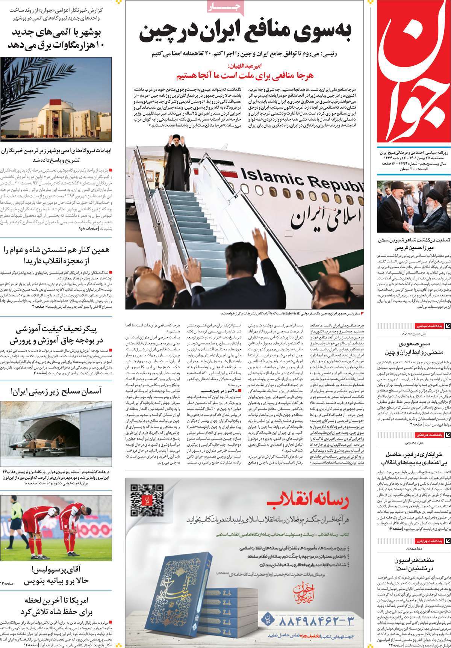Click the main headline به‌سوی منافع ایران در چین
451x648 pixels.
pos(245,34)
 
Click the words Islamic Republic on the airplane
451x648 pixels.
pos(299,180)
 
